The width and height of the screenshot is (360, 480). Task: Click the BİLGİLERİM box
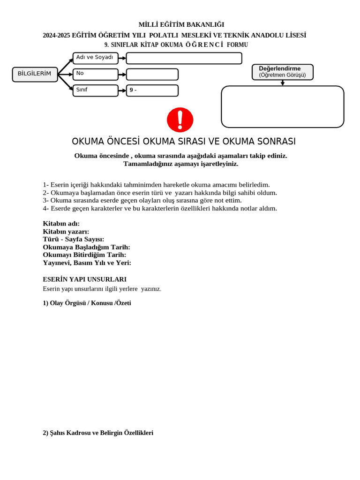pyautogui.click(x=35, y=74)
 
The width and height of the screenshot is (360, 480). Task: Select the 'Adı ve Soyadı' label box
pyautogui.click(x=95, y=58)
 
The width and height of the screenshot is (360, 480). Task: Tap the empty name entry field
pyautogui.click(x=184, y=58)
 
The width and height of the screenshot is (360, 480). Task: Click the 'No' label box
pyautogui.click(x=95, y=74)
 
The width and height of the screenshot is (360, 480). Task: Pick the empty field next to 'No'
pyautogui.click(x=152, y=74)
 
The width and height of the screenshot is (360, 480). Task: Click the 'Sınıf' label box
pyautogui.click(x=95, y=90)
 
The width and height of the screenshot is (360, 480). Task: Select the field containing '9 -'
pyautogui.click(x=152, y=90)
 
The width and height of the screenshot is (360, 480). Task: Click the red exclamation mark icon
pyautogui.click(x=180, y=120)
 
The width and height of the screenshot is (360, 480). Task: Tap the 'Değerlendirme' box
pyautogui.click(x=282, y=72)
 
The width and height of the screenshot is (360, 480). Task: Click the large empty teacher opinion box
pyautogui.click(x=282, y=106)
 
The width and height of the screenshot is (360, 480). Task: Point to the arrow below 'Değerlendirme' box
pyautogui.click(x=283, y=83)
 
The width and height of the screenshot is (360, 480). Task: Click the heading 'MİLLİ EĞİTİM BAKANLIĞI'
pyautogui.click(x=181, y=24)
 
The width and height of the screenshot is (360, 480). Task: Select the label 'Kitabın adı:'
pyautogui.click(x=61, y=224)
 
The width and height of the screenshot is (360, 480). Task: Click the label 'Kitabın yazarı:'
pyautogui.click(x=66, y=232)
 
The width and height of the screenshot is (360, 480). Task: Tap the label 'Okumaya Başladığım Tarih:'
pyautogui.click(x=86, y=247)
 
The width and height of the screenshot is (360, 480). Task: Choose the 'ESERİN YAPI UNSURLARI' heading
pyautogui.click(x=84, y=279)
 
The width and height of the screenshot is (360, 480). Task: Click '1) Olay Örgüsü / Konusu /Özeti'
pyautogui.click(x=87, y=303)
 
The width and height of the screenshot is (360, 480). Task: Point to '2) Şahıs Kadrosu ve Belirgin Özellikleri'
pyautogui.click(x=98, y=433)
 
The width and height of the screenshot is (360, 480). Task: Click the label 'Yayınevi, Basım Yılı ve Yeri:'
pyautogui.click(x=87, y=263)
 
